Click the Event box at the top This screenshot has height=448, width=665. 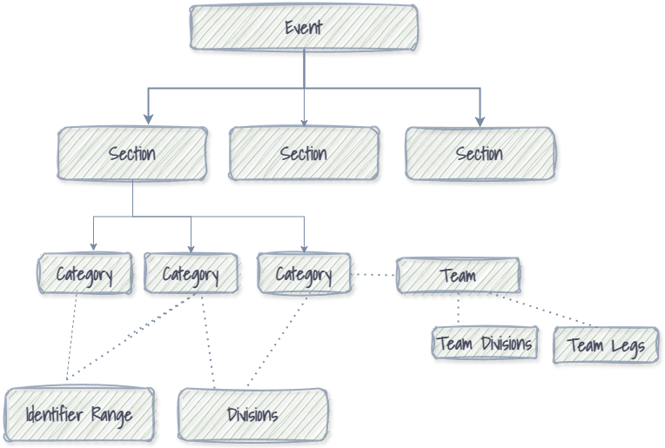click(x=304, y=27)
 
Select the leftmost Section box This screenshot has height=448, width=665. click(x=132, y=154)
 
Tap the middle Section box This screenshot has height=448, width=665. click(x=304, y=154)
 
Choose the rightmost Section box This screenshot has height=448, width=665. click(x=480, y=154)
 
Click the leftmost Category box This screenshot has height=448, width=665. click(x=85, y=274)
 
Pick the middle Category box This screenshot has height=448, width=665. click(x=191, y=274)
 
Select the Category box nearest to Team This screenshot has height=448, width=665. click(x=304, y=274)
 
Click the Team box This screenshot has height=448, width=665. click(x=458, y=276)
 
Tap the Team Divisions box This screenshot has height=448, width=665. click(x=485, y=343)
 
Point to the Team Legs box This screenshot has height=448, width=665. click(x=606, y=346)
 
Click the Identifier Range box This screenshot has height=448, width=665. click(x=79, y=414)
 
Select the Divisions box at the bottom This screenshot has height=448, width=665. click(x=252, y=414)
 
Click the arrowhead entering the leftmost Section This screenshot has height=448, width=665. click(x=149, y=118)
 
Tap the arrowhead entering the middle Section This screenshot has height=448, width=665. click(x=305, y=122)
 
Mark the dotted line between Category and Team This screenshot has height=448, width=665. click(x=373, y=275)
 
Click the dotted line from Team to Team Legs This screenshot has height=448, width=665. click(x=540, y=311)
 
